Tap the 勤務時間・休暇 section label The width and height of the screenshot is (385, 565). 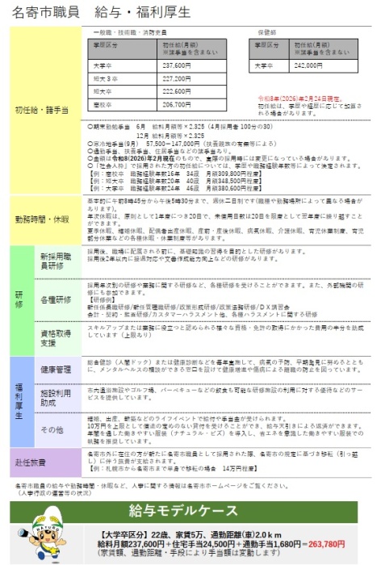point(42,219)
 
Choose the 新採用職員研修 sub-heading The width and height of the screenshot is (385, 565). point(58,260)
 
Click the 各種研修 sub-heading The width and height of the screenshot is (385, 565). point(58,298)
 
